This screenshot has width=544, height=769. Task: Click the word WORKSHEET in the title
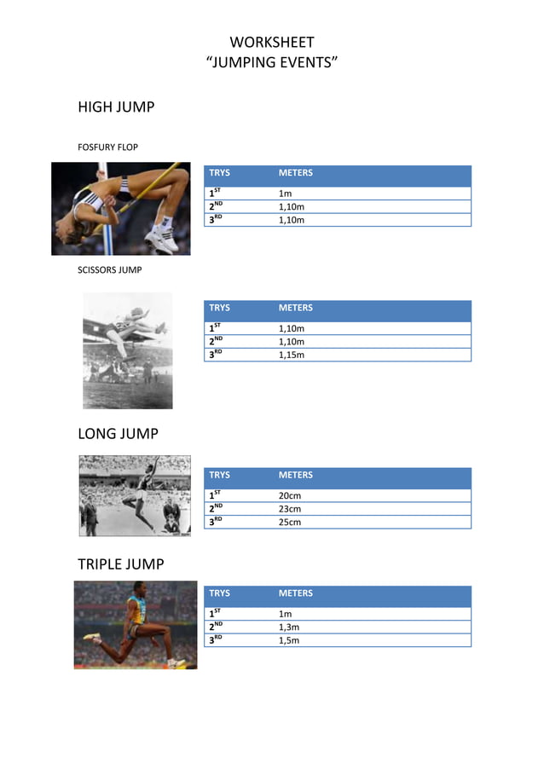pos(272,42)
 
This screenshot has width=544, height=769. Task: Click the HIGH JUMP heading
pos(116,107)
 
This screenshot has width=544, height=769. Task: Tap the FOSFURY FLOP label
pos(107,147)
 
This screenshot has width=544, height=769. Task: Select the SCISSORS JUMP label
pos(109,270)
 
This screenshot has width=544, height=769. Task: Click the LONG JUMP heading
pos(118,434)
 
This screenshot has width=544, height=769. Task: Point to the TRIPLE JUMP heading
pos(120,564)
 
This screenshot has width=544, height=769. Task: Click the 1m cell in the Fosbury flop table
pos(286,194)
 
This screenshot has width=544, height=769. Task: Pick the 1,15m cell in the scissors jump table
pos(292,355)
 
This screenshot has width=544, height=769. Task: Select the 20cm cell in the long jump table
pos(290,495)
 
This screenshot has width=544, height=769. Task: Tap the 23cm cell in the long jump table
pos(290,509)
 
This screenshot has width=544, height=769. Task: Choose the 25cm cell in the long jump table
pos(290,522)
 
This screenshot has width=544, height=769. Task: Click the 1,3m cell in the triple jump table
pos(289,627)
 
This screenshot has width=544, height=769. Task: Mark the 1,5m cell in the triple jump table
pos(289,640)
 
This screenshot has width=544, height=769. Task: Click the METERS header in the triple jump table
pos(296,593)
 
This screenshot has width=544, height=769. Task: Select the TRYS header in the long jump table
pos(219,475)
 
